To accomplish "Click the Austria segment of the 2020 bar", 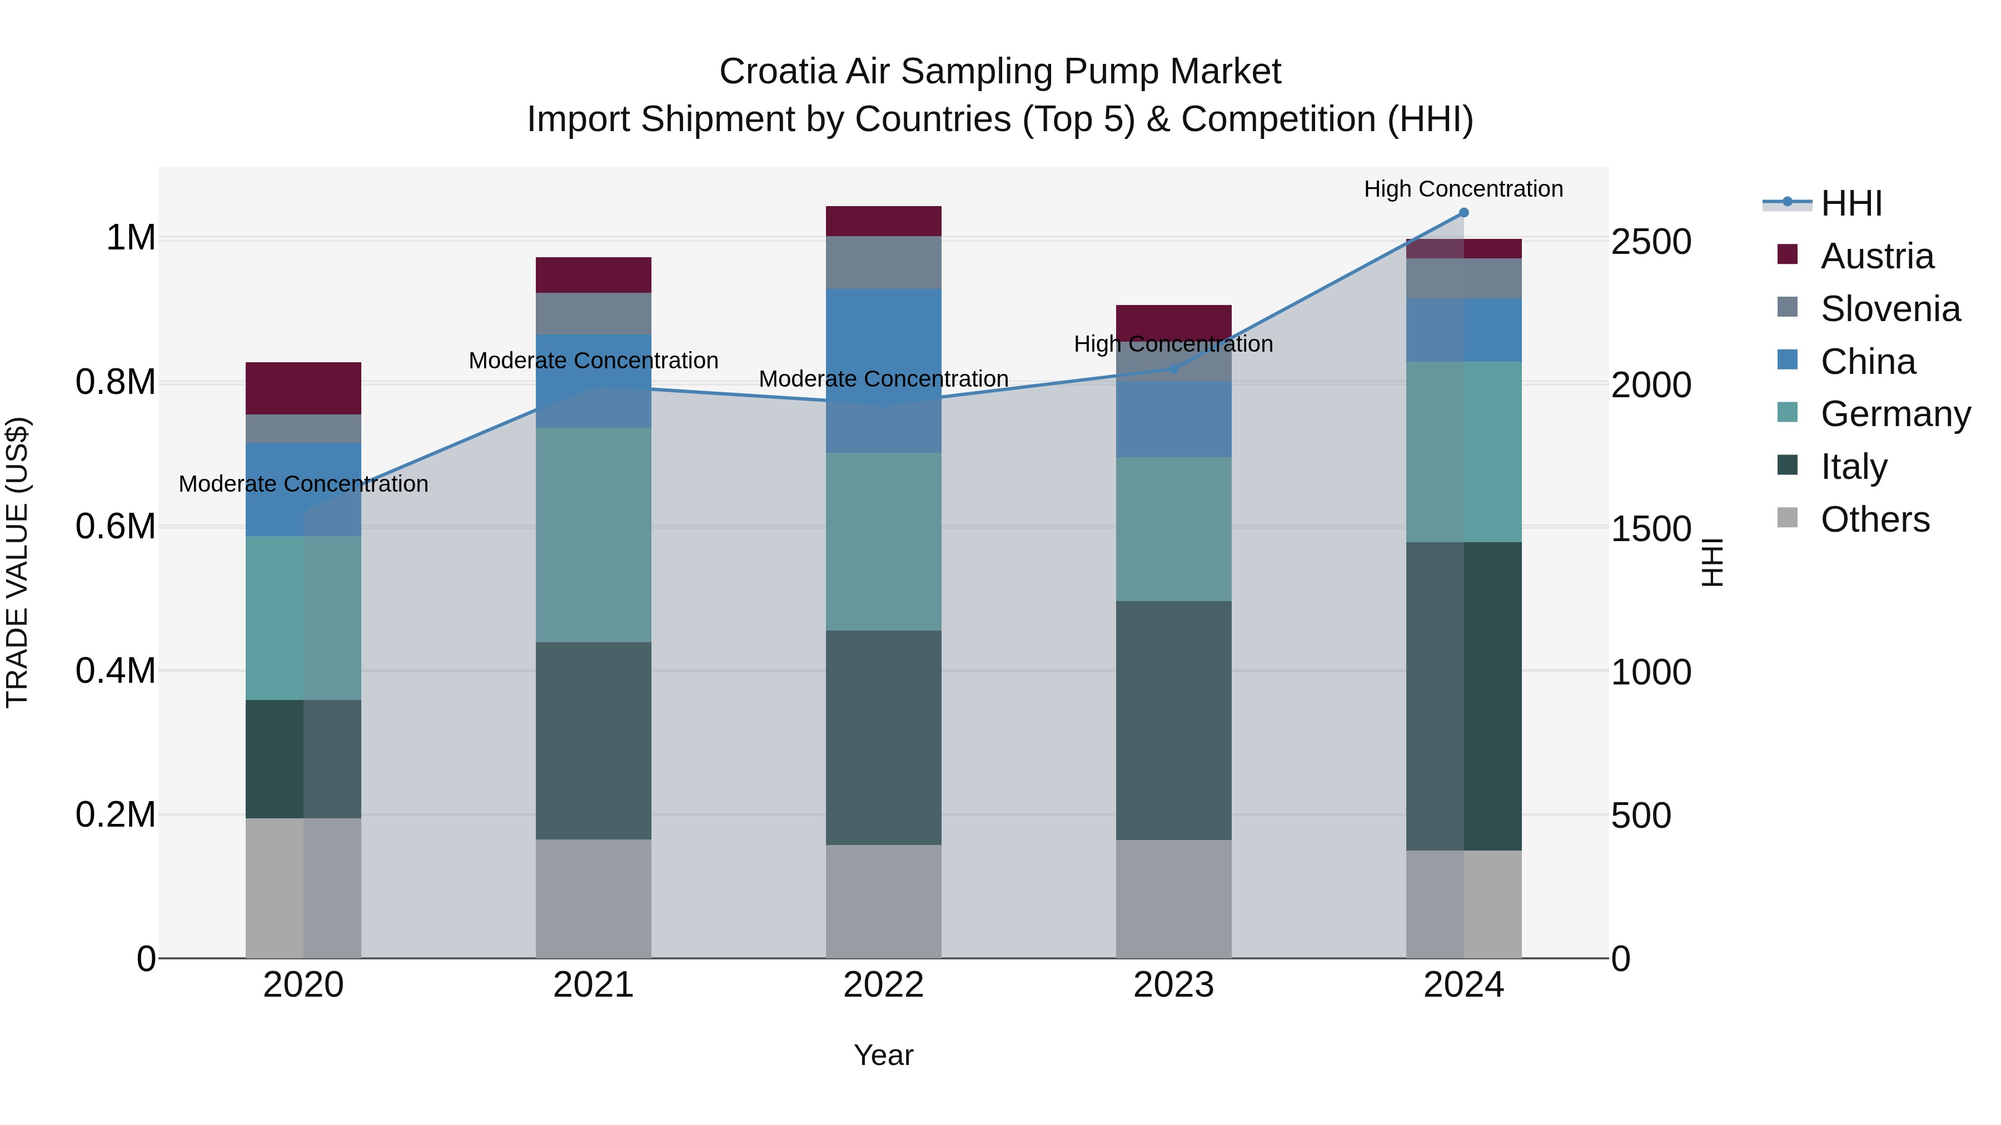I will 303,388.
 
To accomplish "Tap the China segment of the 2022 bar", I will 883,371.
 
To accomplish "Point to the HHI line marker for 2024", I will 1464,213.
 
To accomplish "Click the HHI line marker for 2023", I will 1173,369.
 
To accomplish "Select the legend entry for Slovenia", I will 1889,309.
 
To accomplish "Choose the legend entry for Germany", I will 1895,414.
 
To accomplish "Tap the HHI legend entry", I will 1850,203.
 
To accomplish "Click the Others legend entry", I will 1874,519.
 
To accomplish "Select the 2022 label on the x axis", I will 883,985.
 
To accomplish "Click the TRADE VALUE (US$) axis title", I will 18,562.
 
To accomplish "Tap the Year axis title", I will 883,1055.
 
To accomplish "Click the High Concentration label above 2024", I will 1464,189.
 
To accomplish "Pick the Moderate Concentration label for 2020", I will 303,484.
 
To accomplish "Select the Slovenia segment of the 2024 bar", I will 1464,278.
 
